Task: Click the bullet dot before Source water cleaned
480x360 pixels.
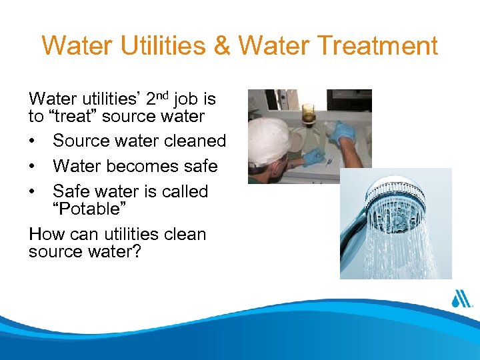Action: pyautogui.click(x=33, y=141)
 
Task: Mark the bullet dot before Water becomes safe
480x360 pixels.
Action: pyautogui.click(x=33, y=166)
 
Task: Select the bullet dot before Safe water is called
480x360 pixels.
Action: pyautogui.click(x=33, y=191)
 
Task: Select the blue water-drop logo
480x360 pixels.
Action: pyautogui.click(x=461, y=298)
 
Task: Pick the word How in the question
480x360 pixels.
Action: pyautogui.click(x=47, y=235)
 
